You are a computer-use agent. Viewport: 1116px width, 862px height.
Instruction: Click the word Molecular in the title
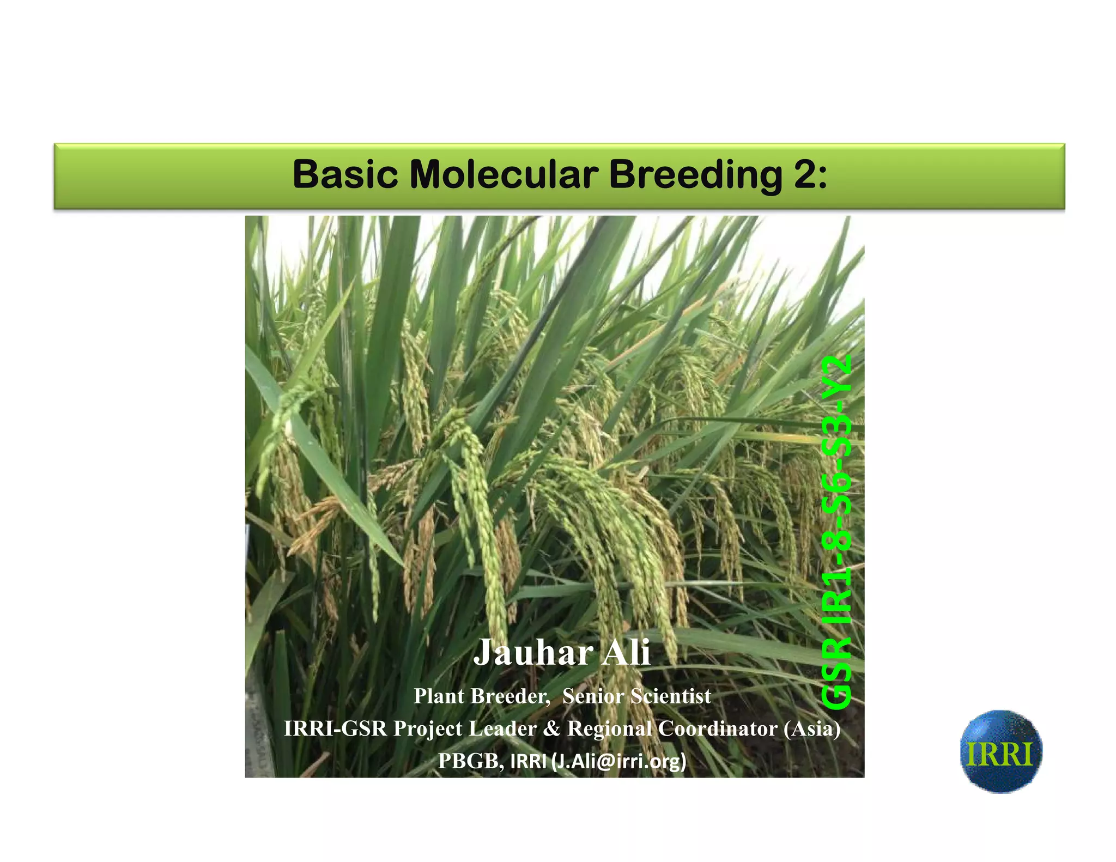(504, 174)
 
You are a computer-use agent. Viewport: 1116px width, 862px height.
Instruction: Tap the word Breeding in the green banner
(695, 174)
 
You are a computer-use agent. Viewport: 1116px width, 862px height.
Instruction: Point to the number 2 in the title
(805, 174)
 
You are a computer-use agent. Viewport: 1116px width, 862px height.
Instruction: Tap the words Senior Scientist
(636, 696)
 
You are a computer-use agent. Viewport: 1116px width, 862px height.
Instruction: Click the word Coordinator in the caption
(718, 729)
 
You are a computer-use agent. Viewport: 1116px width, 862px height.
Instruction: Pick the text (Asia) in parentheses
(812, 729)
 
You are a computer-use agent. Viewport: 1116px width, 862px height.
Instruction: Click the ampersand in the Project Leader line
(551, 729)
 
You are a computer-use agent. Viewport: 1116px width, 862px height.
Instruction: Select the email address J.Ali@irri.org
(619, 761)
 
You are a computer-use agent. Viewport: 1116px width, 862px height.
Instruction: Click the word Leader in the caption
(502, 729)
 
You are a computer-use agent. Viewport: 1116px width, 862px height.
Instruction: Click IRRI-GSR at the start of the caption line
(335, 729)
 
